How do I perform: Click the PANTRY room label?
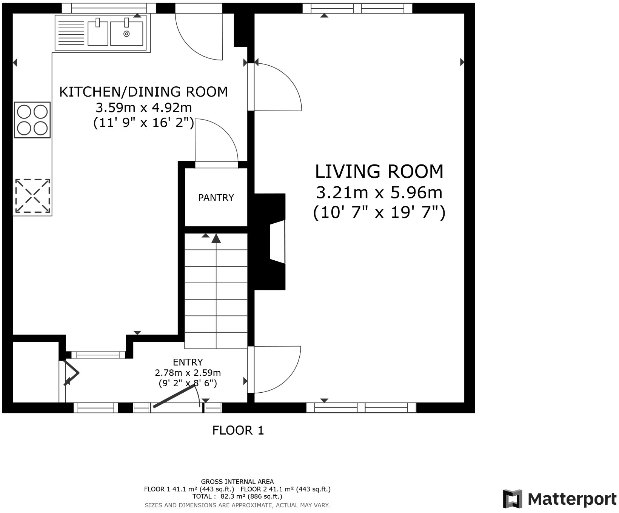click(x=216, y=198)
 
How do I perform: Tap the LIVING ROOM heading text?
click(x=379, y=171)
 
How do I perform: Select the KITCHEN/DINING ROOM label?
click(x=143, y=92)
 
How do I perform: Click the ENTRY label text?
click(x=188, y=362)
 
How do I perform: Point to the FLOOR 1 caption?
click(x=238, y=430)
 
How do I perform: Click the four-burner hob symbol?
click(x=32, y=120)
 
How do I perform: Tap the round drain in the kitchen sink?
click(x=126, y=34)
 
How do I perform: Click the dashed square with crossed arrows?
click(x=32, y=196)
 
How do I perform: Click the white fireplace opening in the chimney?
click(x=277, y=242)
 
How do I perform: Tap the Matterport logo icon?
click(x=513, y=499)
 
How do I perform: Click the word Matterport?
click(x=572, y=499)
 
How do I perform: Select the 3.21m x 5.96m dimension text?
click(x=379, y=193)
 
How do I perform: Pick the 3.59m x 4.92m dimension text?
click(x=144, y=108)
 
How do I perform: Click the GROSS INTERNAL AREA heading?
click(x=237, y=482)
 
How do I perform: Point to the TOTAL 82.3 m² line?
click(x=237, y=496)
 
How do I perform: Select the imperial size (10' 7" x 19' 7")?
click(x=379, y=213)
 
